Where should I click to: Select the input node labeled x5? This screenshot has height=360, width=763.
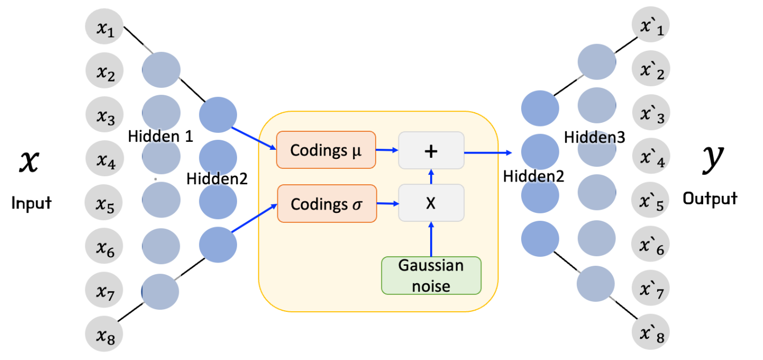pyautogui.click(x=104, y=203)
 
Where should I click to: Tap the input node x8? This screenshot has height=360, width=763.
pyautogui.click(x=104, y=335)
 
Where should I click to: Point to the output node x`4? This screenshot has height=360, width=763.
pyautogui.click(x=651, y=159)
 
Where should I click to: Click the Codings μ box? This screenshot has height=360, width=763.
pyautogui.click(x=326, y=150)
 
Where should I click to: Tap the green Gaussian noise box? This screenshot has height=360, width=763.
pyautogui.click(x=431, y=275)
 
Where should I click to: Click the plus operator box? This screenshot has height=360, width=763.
pyautogui.click(x=431, y=151)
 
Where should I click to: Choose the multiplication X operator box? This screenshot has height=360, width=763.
pyautogui.click(x=431, y=203)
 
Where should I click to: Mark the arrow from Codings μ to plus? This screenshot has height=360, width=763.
pyautogui.click(x=387, y=150)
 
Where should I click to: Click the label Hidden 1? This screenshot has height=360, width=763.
pyautogui.click(x=160, y=137)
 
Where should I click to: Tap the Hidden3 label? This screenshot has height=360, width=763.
pyautogui.click(x=595, y=138)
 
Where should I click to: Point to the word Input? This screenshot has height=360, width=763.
pyautogui.click(x=31, y=203)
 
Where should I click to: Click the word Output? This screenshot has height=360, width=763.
pyautogui.click(x=710, y=199)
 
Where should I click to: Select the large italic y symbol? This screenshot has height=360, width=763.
pyautogui.click(x=709, y=161)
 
